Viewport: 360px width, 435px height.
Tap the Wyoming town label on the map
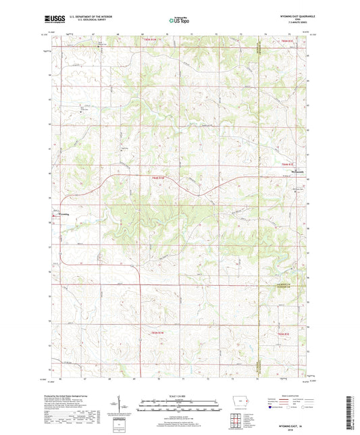click(x=61, y=215)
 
